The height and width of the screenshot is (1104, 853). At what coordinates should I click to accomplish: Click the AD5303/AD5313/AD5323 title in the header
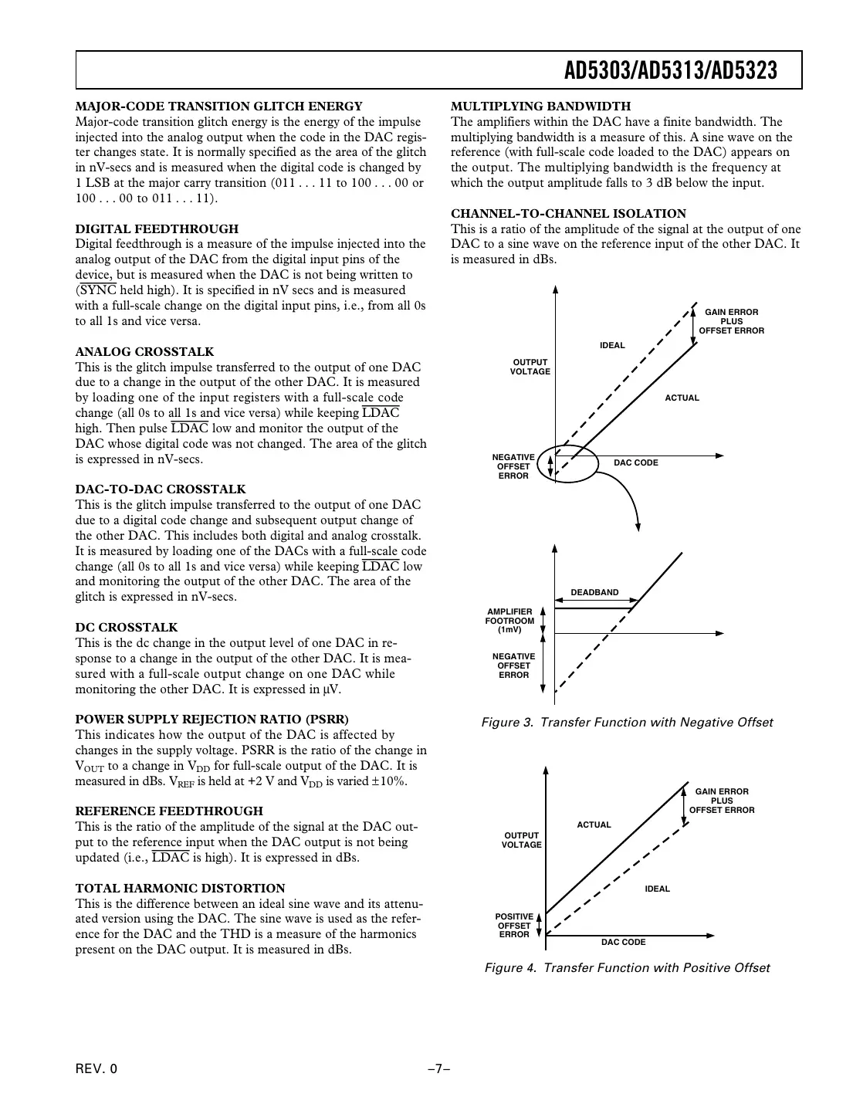670,71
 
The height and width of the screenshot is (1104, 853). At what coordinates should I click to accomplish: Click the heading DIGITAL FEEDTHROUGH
157,229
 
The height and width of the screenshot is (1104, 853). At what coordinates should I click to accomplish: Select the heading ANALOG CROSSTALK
144,351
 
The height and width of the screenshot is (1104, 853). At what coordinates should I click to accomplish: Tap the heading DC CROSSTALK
126,628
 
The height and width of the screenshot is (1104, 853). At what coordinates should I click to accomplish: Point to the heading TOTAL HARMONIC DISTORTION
180,888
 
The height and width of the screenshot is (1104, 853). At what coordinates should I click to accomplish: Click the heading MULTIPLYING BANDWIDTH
540,107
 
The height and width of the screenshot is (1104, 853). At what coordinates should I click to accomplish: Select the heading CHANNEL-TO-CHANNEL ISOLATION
568,214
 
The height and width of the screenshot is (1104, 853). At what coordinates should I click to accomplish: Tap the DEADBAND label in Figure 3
594,592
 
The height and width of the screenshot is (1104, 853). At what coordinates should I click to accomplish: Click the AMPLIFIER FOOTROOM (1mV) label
509,621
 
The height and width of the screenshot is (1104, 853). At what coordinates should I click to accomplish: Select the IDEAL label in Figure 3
612,345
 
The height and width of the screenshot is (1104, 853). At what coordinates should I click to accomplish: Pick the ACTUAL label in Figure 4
594,825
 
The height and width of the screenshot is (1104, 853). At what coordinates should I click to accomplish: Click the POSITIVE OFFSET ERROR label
514,926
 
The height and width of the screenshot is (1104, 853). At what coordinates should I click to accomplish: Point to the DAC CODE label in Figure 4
623,942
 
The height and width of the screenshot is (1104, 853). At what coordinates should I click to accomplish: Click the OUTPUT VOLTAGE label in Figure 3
530,367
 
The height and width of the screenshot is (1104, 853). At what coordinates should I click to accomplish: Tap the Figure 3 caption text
627,723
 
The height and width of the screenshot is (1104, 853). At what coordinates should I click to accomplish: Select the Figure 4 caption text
627,968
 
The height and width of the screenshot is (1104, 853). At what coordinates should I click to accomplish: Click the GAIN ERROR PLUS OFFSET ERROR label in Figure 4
722,801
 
